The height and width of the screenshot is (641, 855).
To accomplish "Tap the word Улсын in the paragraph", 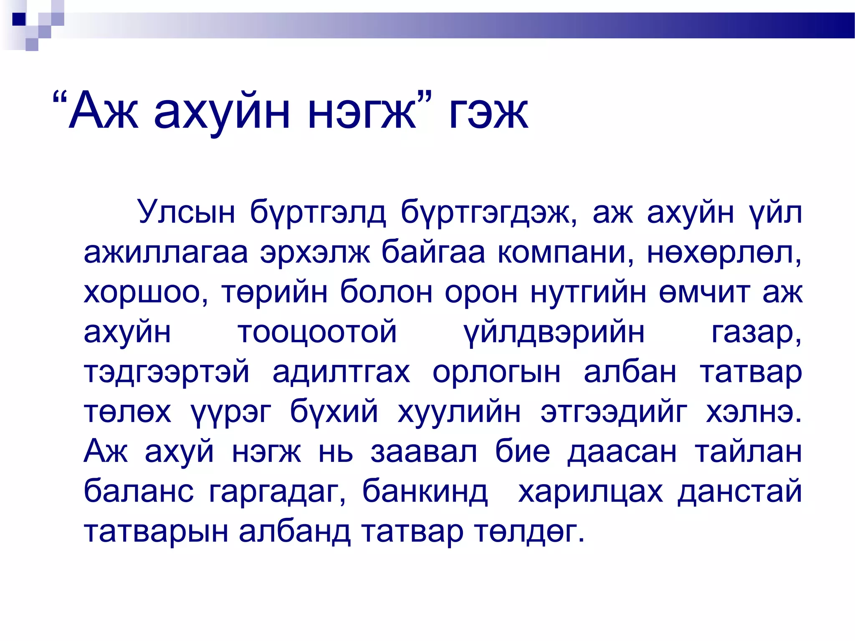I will click(x=186, y=212).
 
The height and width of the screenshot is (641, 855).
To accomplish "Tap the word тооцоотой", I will click(x=317, y=332).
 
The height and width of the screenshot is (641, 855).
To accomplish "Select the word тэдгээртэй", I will click(x=167, y=372).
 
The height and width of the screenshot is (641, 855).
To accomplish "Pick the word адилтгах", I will click(x=341, y=372).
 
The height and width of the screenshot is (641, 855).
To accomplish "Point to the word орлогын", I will click(x=496, y=372).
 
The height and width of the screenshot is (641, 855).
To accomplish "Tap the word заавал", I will click(x=424, y=452).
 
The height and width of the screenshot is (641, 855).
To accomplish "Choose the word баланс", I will click(x=139, y=491).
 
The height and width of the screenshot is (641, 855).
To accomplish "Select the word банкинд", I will click(x=425, y=491).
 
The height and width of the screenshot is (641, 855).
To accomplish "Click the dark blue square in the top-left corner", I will click(x=19, y=19).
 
